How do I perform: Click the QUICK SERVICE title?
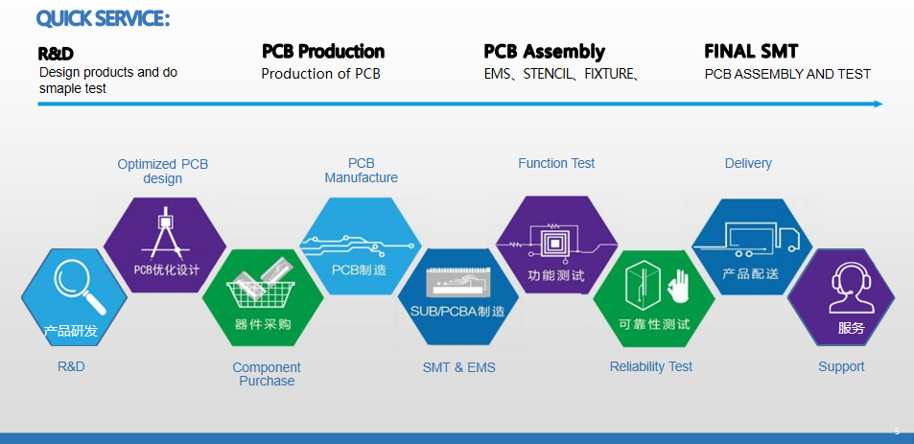tap(103, 18)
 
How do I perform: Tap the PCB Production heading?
tap(323, 52)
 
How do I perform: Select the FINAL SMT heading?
tap(751, 52)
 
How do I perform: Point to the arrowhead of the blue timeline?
tap(878, 104)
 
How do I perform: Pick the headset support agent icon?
tap(849, 287)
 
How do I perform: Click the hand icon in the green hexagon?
tap(678, 285)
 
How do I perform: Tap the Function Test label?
tap(556, 163)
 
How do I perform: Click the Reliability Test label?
tap(650, 366)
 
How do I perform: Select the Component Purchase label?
tap(267, 374)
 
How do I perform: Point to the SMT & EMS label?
tap(458, 367)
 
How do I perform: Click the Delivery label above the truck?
tap(748, 163)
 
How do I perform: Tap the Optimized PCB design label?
tap(162, 171)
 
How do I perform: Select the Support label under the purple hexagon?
tap(841, 366)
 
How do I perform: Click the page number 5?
tap(897, 432)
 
